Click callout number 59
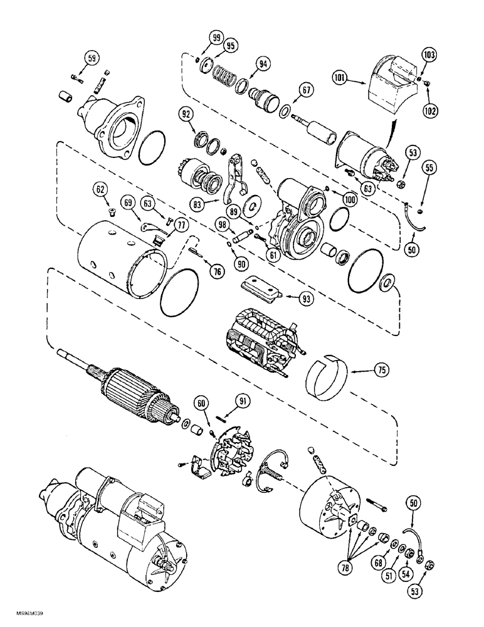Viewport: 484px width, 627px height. pyautogui.click(x=92, y=60)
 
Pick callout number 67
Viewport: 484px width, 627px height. pyautogui.click(x=305, y=92)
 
